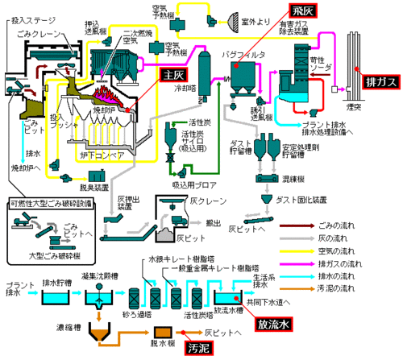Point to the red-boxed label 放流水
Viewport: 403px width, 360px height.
[x=272, y=325]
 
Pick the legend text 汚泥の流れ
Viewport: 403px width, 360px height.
[x=359, y=294]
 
